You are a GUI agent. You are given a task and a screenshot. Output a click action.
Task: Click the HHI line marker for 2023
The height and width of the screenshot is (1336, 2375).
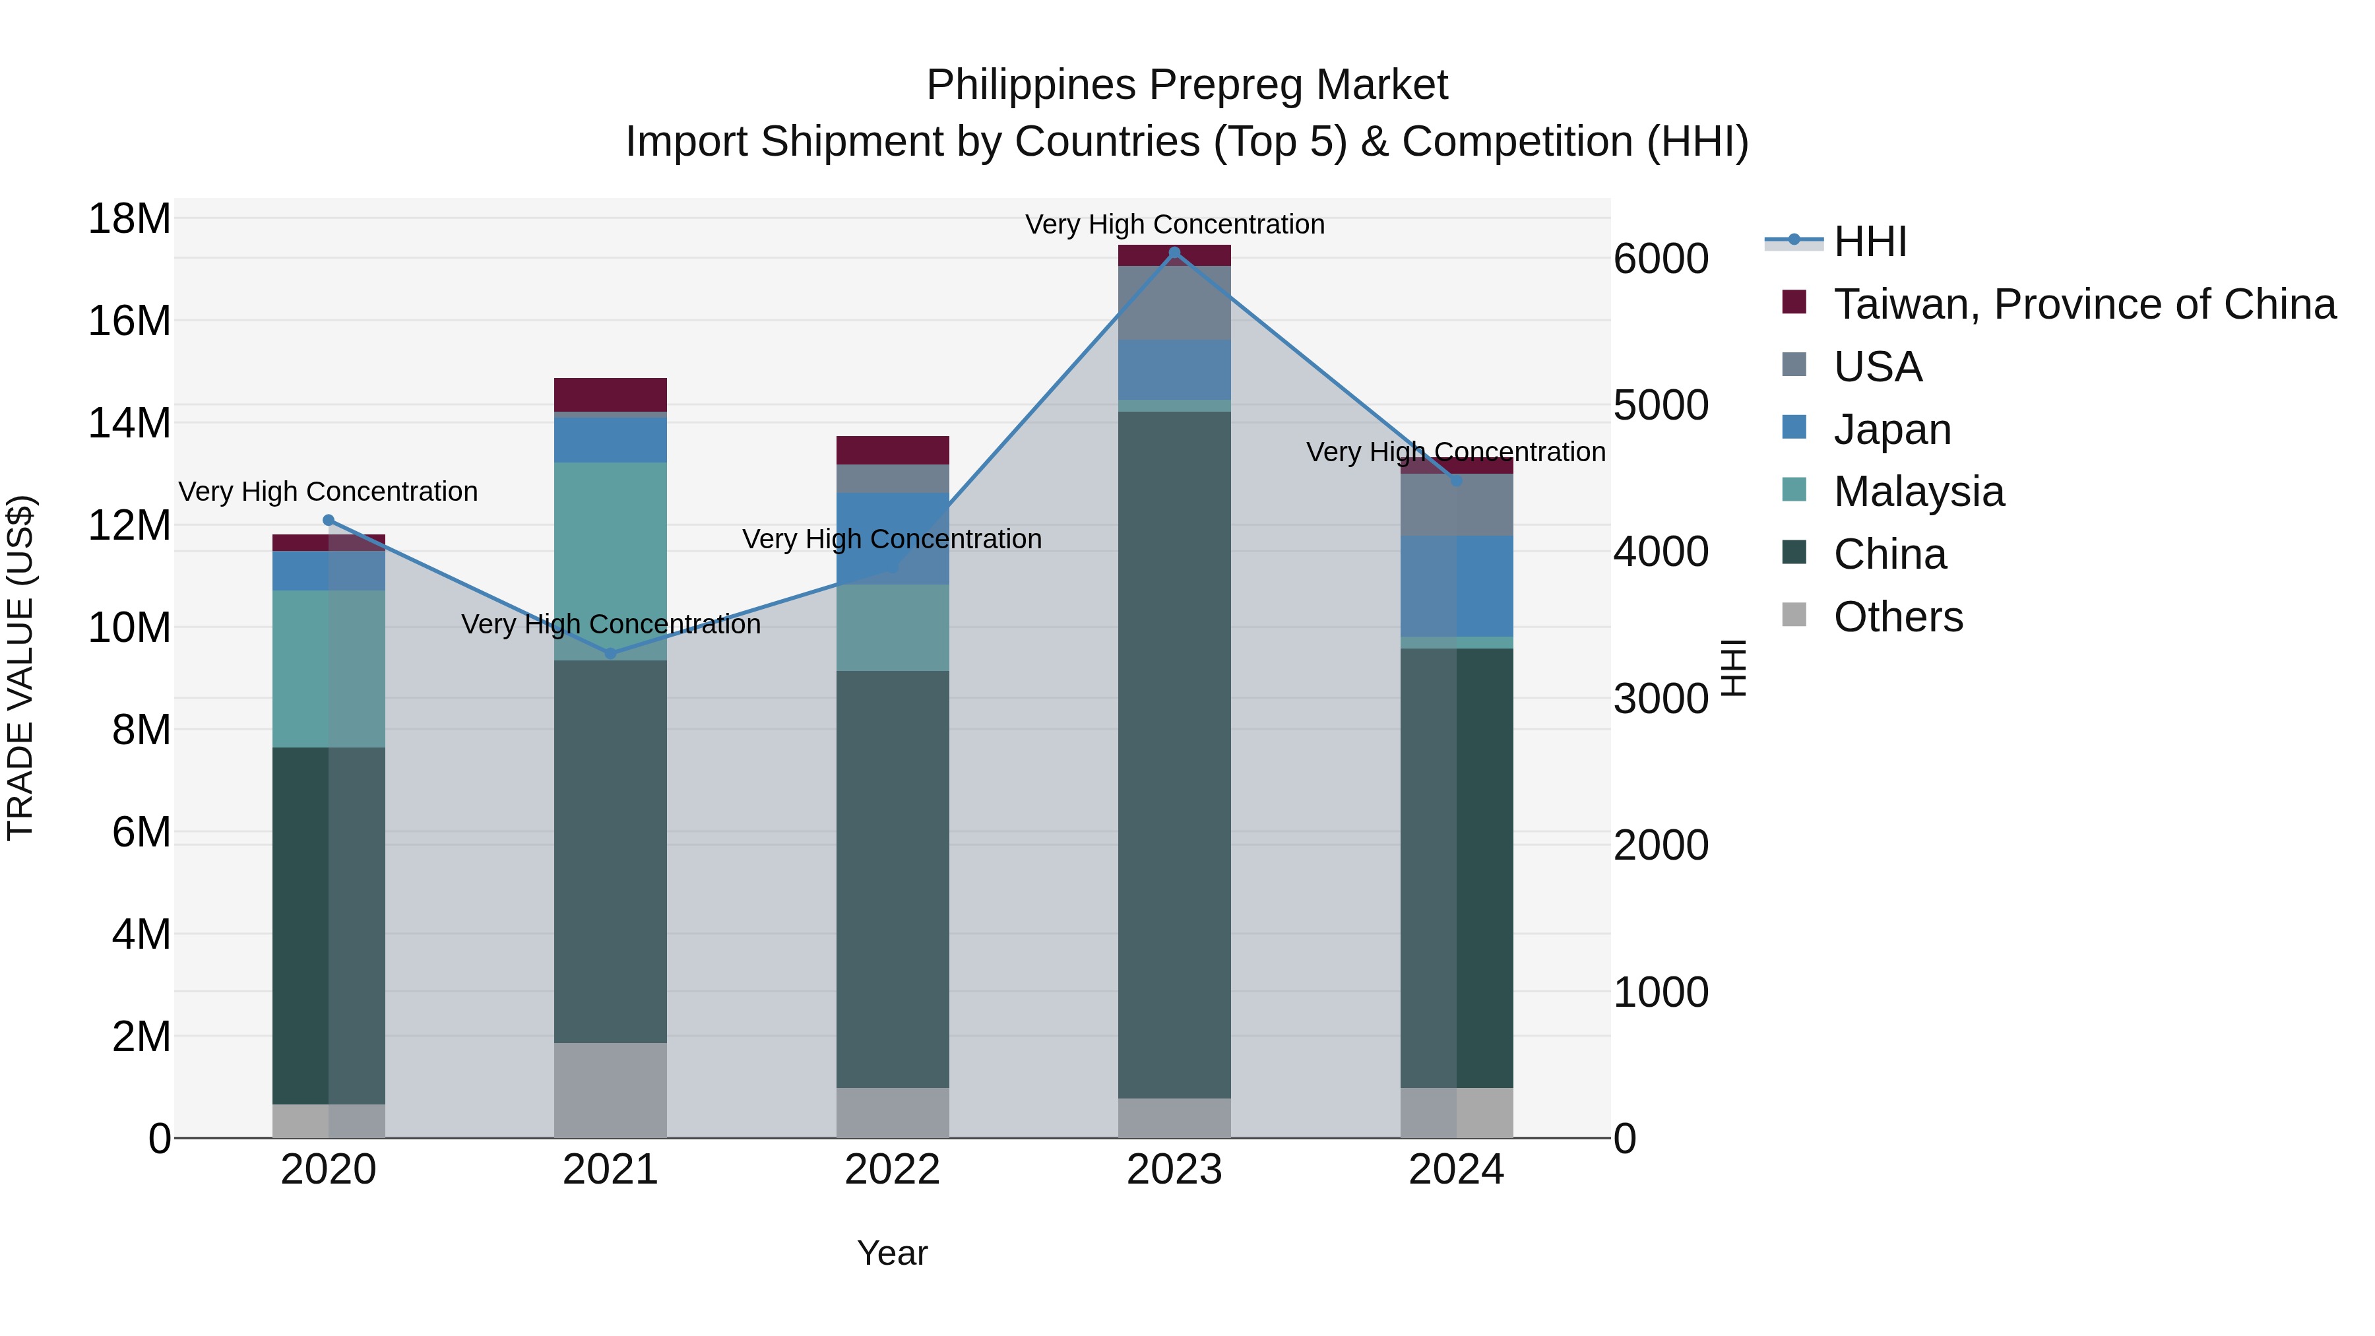click(1174, 253)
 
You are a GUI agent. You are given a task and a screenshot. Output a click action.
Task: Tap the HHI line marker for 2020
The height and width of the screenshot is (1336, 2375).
click(329, 520)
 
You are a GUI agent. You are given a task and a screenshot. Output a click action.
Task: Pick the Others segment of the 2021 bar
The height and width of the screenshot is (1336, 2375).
click(610, 1090)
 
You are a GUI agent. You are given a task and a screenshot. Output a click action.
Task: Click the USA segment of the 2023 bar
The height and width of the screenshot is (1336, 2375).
click(1174, 302)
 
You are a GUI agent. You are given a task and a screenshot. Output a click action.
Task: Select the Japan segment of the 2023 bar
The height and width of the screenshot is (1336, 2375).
click(1174, 369)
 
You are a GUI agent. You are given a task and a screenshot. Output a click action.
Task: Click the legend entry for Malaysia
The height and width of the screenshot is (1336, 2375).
click(1918, 492)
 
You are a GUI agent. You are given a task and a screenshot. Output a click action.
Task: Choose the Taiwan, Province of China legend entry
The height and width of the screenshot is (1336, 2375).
click(2083, 304)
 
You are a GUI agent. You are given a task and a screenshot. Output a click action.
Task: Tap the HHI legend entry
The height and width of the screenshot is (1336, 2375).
click(1869, 241)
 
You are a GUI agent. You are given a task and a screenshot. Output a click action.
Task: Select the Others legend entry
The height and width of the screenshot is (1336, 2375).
click(1897, 617)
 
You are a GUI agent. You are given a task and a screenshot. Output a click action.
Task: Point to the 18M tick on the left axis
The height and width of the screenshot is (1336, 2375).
click(129, 220)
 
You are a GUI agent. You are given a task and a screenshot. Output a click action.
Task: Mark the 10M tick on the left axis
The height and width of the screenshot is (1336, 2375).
click(129, 628)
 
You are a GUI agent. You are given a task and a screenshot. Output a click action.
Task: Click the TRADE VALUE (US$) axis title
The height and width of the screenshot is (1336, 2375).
click(20, 668)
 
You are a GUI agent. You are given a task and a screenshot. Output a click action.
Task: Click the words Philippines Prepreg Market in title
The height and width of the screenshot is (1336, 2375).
click(1187, 85)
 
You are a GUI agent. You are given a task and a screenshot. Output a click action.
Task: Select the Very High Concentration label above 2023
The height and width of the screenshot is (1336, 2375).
click(1174, 224)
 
